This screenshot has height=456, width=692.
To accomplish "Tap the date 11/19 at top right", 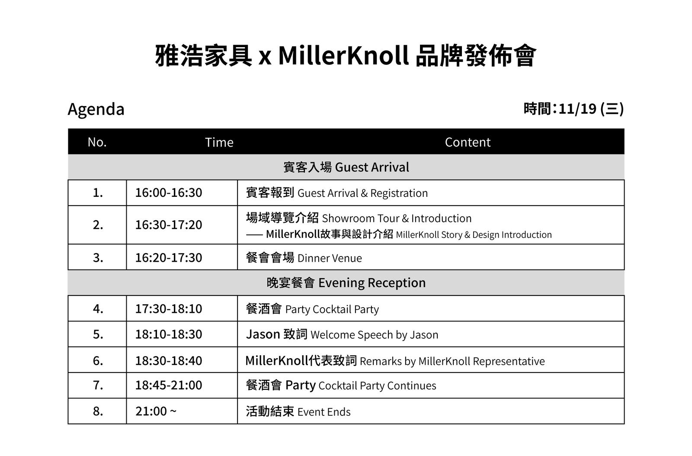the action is [x=577, y=109].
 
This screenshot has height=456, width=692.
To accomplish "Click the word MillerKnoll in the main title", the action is [x=343, y=56].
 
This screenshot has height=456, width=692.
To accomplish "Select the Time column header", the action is [x=219, y=142].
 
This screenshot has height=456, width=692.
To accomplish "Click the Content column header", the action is [x=468, y=142].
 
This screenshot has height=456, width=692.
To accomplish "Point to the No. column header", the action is [x=97, y=142].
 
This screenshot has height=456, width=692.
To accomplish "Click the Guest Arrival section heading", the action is [x=346, y=167].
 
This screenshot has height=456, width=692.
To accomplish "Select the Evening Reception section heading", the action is [x=346, y=283].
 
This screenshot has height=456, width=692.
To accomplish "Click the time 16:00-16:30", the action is [x=169, y=193].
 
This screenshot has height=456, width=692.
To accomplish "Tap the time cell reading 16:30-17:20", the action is [x=169, y=225].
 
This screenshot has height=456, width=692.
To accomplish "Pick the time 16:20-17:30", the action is [x=169, y=258].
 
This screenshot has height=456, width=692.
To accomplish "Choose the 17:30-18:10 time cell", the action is [x=169, y=308].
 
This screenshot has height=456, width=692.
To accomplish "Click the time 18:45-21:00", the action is [x=169, y=385].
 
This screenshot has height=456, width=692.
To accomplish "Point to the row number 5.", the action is [x=98, y=334].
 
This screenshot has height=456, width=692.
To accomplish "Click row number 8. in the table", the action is [x=98, y=411].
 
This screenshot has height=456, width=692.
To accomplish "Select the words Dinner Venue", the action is [x=330, y=258].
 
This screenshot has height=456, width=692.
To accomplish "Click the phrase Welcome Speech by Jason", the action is [x=375, y=335].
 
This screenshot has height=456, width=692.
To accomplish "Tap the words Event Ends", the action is [x=324, y=412].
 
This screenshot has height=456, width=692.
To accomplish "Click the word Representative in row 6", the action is [x=509, y=361].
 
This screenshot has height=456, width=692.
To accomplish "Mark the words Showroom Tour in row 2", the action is [x=361, y=218].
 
